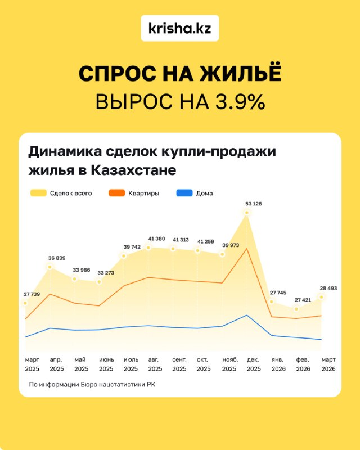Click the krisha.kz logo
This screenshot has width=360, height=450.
[x=180, y=28]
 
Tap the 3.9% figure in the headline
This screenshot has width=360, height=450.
[x=240, y=101]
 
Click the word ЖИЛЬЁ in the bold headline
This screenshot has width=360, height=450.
[x=241, y=73]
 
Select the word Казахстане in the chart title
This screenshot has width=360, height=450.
[x=133, y=170]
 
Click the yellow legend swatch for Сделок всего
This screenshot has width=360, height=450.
[x=38, y=193]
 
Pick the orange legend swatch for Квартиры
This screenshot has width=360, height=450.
[x=116, y=193]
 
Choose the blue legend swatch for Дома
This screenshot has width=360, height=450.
[x=184, y=193]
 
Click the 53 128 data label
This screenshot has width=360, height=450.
[x=254, y=204]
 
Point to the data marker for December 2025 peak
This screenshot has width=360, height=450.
[x=246, y=213]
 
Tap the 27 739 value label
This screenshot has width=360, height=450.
[x=32, y=294]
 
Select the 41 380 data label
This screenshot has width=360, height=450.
[x=156, y=238]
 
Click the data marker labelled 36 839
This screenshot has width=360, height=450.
[x=49, y=267]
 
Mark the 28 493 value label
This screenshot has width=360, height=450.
[x=328, y=288]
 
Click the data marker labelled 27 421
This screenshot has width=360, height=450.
[x=296, y=309]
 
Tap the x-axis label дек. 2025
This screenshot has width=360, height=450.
[x=254, y=364]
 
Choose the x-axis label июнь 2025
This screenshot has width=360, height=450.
[x=106, y=364]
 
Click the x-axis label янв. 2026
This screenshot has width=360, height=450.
[x=278, y=364]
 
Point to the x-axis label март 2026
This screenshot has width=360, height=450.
[x=328, y=364]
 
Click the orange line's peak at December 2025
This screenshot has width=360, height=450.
[x=246, y=249]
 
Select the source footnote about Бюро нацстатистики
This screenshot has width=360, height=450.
[x=92, y=385]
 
